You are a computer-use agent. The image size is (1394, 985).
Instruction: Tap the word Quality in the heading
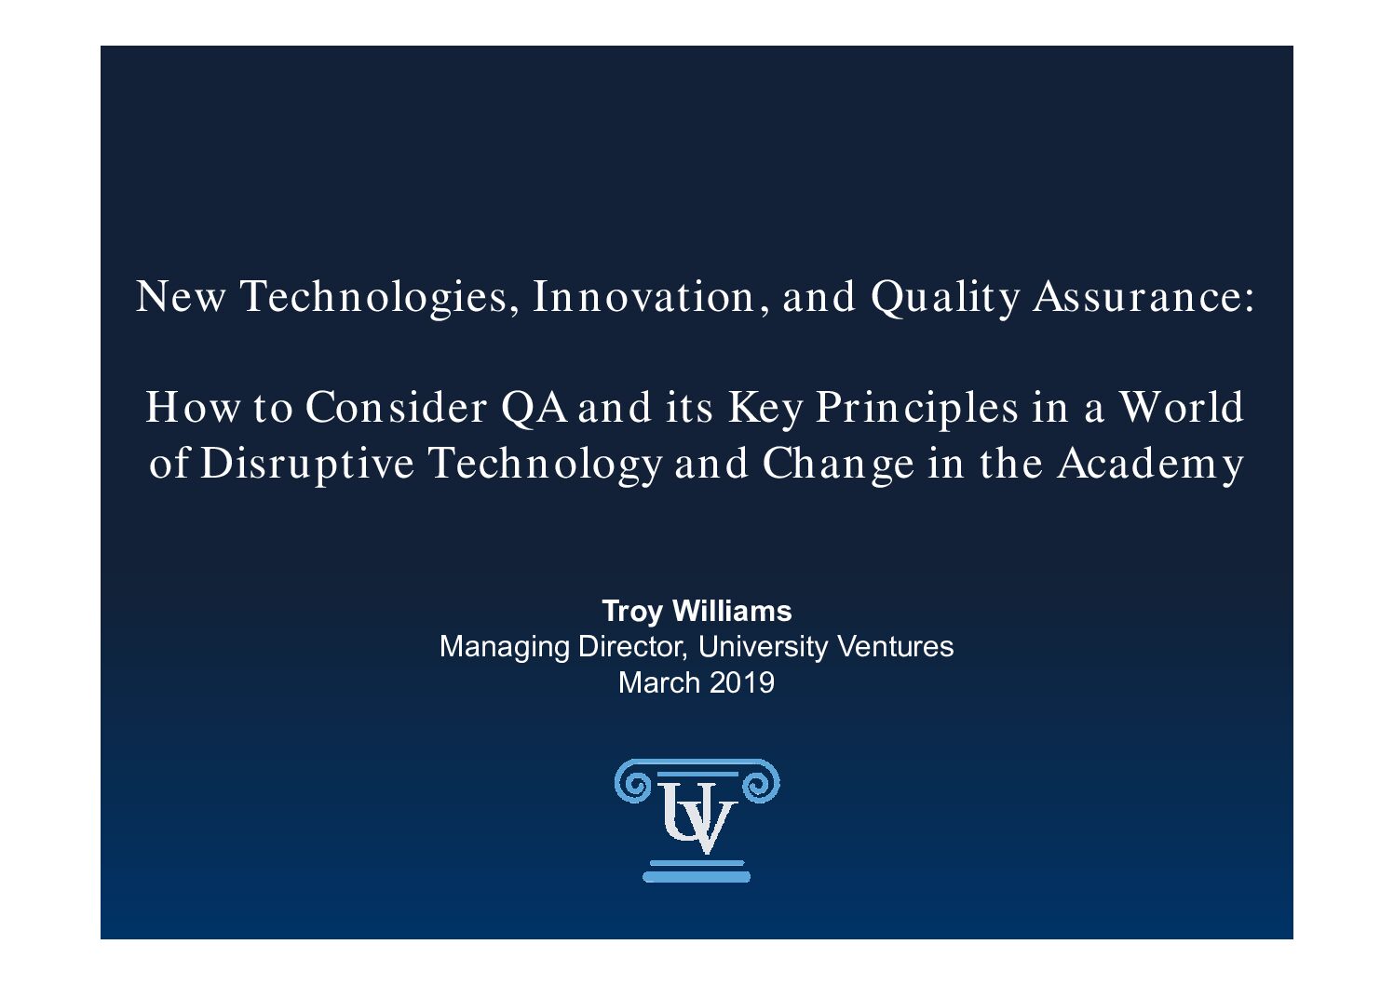[x=945, y=297]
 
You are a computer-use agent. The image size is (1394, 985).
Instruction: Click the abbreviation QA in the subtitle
[x=534, y=408]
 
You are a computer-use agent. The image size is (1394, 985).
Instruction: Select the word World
[x=1182, y=407]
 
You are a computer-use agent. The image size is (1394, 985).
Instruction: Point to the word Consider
[x=396, y=408]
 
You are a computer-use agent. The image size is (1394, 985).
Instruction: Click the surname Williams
[x=733, y=611]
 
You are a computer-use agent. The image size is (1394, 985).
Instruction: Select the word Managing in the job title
[x=505, y=648]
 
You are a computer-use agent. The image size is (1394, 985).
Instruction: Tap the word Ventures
[x=896, y=646]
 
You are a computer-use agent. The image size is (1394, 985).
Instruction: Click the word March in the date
[x=659, y=682]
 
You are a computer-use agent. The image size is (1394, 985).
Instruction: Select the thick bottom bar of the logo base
[x=697, y=877]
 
